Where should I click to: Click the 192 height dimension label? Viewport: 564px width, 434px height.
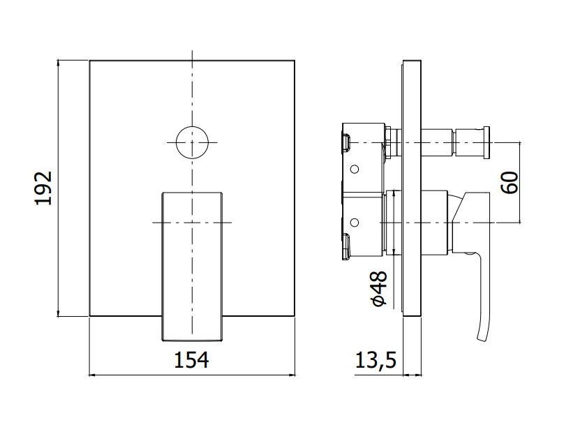[43, 188]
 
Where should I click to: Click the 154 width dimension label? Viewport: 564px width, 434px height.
[191, 360]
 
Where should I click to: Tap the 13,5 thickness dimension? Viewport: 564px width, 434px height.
[376, 360]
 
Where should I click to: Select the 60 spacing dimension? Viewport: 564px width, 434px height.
[510, 183]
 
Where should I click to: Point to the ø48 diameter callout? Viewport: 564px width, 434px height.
[380, 289]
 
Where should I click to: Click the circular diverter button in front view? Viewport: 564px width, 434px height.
[192, 142]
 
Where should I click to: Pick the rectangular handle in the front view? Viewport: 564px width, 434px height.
[192, 266]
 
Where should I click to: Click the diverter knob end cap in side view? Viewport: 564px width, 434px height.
[487, 142]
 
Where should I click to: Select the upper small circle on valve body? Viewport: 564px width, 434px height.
[355, 169]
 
